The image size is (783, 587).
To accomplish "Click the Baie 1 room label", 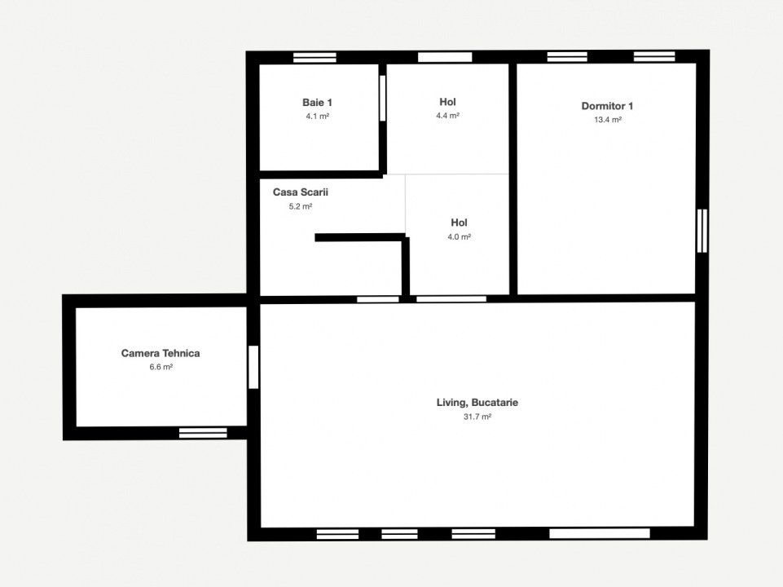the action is (317, 103).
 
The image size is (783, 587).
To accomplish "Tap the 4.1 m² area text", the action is (317, 117).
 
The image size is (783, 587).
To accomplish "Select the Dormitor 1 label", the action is (607, 106).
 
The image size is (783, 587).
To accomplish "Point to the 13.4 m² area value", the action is (608, 120).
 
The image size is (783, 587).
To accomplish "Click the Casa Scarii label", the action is (301, 192).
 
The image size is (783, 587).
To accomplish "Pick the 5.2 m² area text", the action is (301, 206).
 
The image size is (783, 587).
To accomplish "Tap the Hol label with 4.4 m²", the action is (447, 102).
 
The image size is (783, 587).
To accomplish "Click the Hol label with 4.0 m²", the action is (459, 223).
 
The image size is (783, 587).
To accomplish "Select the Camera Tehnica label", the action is (161, 353).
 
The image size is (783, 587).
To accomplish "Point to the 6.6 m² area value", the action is (161, 367).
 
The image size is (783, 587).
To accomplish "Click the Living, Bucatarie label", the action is (477, 403).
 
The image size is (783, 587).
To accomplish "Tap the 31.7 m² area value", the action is (477, 417).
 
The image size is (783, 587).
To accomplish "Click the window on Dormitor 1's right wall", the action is (702, 231).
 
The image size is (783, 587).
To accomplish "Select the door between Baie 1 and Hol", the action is (382, 98).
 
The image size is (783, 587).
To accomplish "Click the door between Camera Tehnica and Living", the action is (253, 367).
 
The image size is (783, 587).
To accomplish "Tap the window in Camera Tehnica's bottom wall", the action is (203, 433).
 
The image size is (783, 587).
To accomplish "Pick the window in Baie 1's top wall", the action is (315, 57).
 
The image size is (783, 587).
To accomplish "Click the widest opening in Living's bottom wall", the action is (600, 533).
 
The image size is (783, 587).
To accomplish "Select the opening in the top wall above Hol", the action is (445, 57).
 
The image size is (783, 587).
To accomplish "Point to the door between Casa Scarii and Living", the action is (378, 299).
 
